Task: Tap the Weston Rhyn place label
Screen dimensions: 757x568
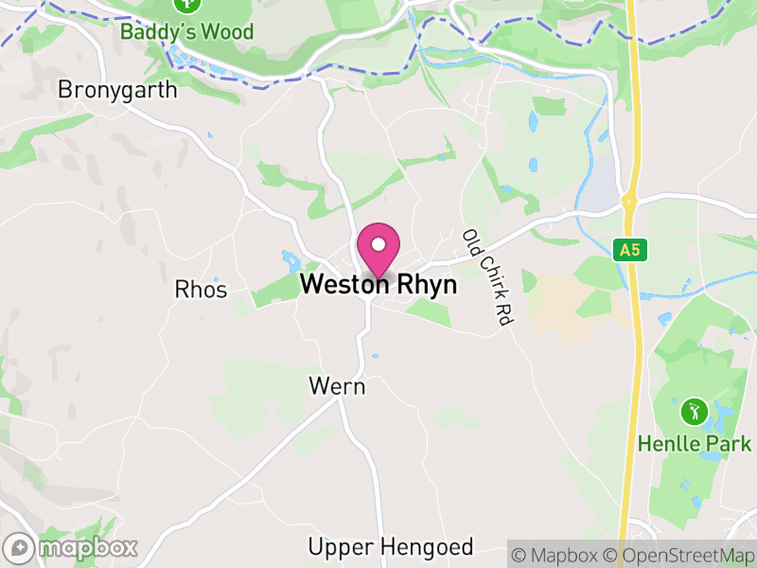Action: coord(378,285)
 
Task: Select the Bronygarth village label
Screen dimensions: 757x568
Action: coord(117,90)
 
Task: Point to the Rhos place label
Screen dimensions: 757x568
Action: coord(202,290)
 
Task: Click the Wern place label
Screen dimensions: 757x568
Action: coord(337,386)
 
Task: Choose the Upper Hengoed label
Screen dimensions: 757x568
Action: coord(390,547)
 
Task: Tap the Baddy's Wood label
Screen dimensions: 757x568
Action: coord(187,32)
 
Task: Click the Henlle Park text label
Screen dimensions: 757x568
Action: coord(695,443)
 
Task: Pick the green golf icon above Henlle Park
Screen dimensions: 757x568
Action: coord(694,412)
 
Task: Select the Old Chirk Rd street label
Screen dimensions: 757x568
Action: coord(486,278)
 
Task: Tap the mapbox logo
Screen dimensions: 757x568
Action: coord(72,547)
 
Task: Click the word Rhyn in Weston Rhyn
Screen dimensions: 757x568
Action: coord(427,285)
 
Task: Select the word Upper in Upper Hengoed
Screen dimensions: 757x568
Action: coord(342,547)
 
